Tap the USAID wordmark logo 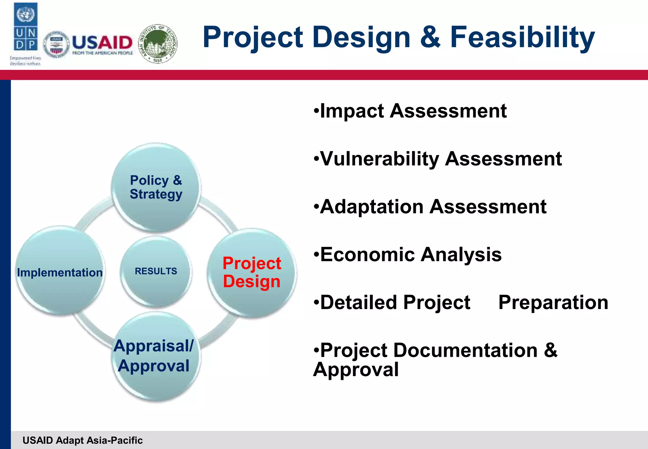102,45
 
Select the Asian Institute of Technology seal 158,44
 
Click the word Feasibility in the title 522,37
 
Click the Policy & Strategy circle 156,187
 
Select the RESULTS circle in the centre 156,271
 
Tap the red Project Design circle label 252,272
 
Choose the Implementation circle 59,272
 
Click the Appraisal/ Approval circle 154,356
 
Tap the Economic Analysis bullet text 411,255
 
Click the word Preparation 553,302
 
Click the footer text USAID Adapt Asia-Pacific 83,440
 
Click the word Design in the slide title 361,37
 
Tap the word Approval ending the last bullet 356,370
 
